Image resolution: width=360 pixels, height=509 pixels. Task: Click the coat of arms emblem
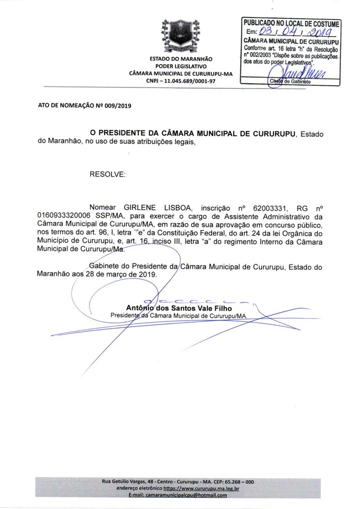click(x=181, y=33)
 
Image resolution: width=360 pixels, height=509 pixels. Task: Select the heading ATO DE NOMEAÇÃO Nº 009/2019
click(x=84, y=106)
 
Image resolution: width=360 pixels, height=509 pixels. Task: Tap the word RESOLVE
click(x=108, y=174)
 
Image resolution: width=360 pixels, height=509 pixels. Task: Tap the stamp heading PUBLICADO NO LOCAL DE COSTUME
click(x=291, y=23)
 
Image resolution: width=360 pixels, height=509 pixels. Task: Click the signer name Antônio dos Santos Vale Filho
click(x=179, y=308)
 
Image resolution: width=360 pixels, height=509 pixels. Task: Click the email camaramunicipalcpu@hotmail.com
click(x=185, y=495)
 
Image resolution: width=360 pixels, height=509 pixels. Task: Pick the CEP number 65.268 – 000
click(x=242, y=481)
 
